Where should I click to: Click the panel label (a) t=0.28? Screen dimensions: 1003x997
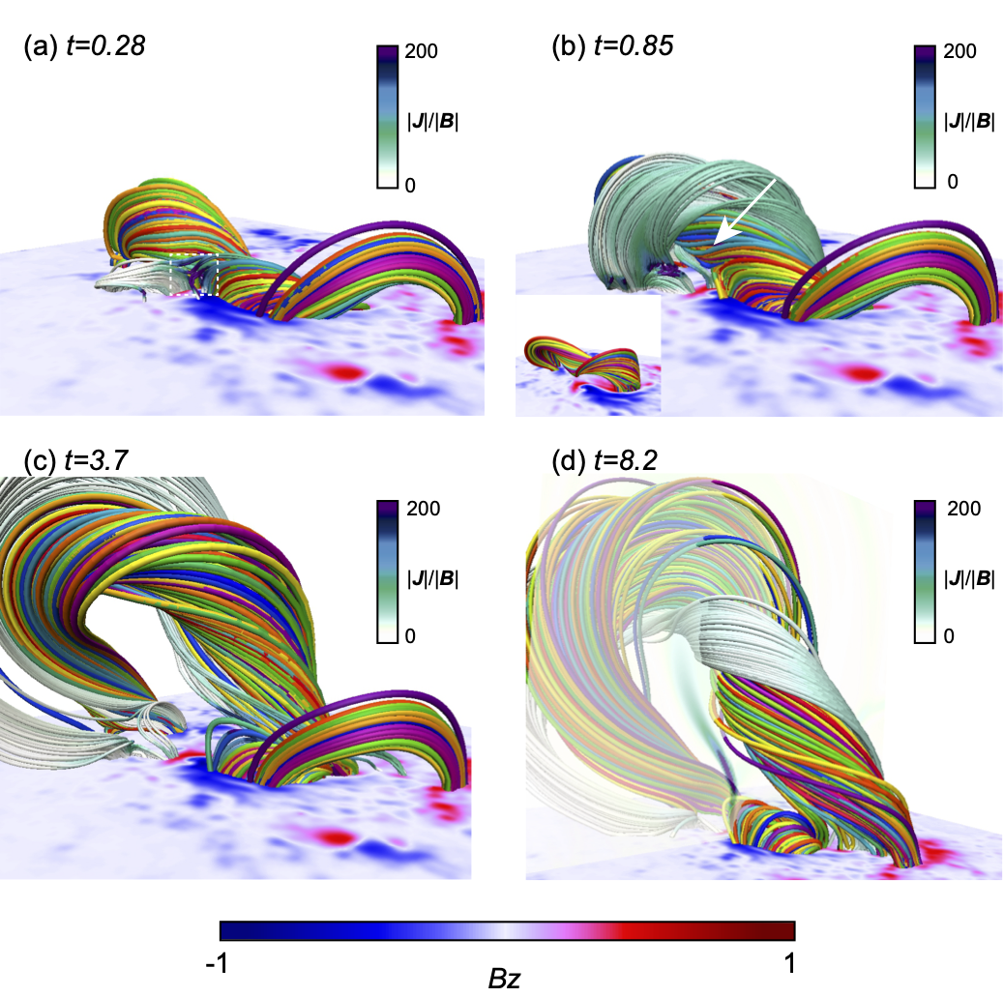coord(84,46)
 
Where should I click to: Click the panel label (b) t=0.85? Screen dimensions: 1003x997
coord(613,46)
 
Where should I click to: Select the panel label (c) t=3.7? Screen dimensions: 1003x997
coord(76,460)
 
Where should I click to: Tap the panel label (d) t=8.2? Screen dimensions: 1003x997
coord(605,460)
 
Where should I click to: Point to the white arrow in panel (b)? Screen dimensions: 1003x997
coord(745,212)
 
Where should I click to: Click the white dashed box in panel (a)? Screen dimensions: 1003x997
coord(194,275)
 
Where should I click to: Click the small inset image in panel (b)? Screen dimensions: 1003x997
coord(588,356)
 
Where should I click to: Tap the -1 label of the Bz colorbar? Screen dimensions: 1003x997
coord(217,963)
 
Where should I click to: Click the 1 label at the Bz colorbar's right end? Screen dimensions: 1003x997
coord(790,963)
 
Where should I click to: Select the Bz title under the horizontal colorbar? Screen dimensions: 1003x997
coord(504,979)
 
